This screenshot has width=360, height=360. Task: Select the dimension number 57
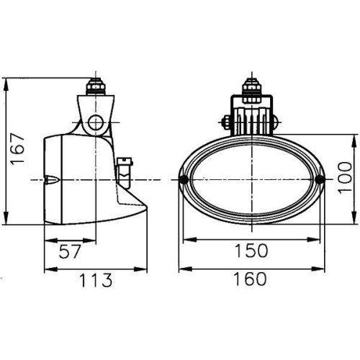click(x=70, y=251)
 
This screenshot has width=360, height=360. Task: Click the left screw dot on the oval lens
click(x=186, y=179)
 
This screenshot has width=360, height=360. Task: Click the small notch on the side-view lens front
click(x=52, y=180)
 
